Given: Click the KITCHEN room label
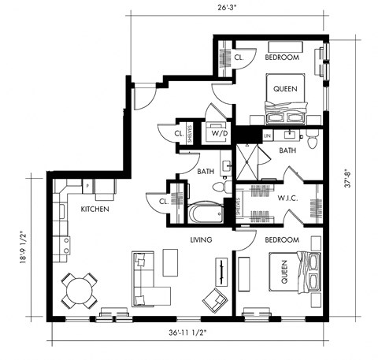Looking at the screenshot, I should tap(94, 210).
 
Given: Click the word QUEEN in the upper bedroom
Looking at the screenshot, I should tap(284, 89).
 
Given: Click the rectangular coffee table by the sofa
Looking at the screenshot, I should tap(172, 262).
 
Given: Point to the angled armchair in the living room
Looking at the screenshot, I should tap(213, 299).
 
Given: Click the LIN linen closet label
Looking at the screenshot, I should tap(267, 135).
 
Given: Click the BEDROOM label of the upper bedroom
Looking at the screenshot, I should tap(281, 58).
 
